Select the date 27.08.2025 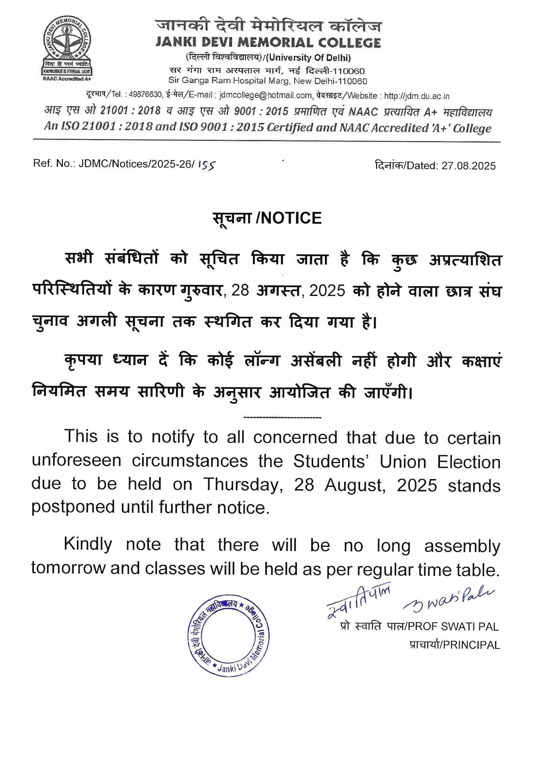pos(468,166)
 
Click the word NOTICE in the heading pos(292,218)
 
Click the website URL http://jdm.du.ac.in pos(417,96)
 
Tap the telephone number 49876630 pos(145,95)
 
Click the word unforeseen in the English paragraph pos(76,462)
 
